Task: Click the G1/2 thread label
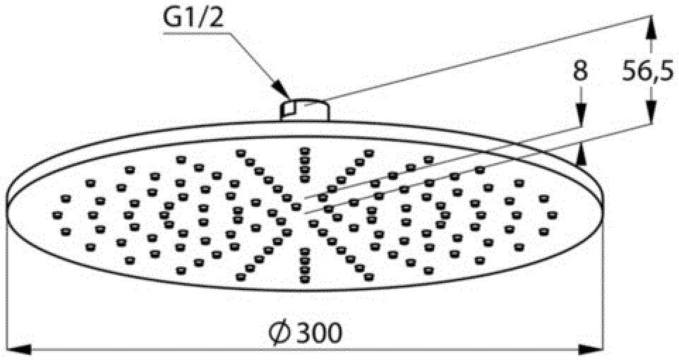coord(193,18)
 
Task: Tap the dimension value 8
coord(580,71)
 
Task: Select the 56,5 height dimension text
coord(648,71)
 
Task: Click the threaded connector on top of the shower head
coord(304,109)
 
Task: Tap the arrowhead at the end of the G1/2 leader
coord(283,91)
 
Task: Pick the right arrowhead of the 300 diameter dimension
coord(591,349)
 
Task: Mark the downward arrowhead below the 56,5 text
coord(651,113)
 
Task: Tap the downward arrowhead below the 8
coord(580,115)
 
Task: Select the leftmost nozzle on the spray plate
coord(57,215)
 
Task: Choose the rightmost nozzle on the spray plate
coord(552,215)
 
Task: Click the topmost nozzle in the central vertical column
coord(305,151)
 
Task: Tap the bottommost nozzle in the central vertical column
coord(305,280)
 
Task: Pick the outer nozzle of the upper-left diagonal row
coord(241,153)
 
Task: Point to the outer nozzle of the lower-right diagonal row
coord(369,277)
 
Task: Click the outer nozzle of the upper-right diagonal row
coord(369,153)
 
